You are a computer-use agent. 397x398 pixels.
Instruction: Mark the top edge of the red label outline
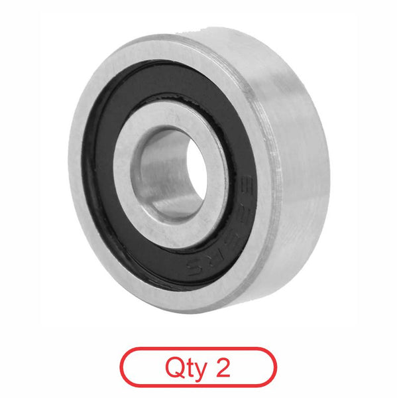(198, 348)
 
